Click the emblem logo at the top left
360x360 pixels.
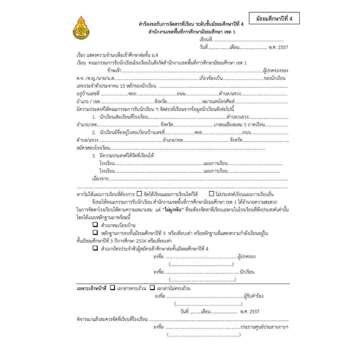(x=81, y=28)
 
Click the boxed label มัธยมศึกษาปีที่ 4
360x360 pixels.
(x=274, y=19)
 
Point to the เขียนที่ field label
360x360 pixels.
(x=206, y=40)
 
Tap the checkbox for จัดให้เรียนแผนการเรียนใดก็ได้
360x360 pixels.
(x=139, y=193)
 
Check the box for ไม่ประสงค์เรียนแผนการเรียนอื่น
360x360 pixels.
(x=211, y=193)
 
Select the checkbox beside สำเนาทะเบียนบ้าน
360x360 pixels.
(x=95, y=225)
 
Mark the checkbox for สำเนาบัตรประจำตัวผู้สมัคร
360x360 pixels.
(x=95, y=248)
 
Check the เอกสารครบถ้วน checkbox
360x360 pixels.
(x=113, y=288)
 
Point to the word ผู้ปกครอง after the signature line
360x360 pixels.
(x=247, y=257)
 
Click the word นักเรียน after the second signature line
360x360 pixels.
(x=247, y=272)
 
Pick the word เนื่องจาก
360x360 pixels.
(x=100, y=179)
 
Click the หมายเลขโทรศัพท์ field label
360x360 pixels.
(x=219, y=101)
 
